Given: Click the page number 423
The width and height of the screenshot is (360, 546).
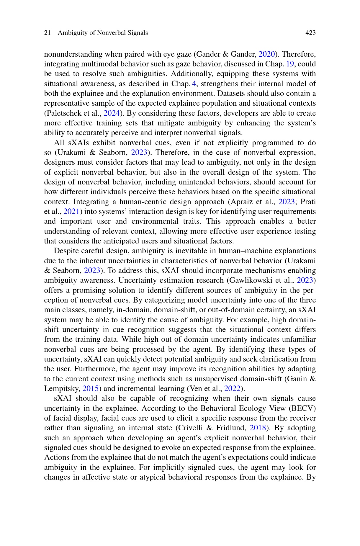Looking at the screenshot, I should click(310, 33).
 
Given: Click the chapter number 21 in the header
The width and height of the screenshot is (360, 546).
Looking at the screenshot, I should click(47, 33).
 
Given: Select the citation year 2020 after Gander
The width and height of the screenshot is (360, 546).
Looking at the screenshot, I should click(267, 54).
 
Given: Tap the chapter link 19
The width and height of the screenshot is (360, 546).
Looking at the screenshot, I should click(290, 64).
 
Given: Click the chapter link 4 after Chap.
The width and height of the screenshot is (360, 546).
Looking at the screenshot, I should click(194, 84).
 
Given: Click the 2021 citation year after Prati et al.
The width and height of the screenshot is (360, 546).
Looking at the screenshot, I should click(71, 212).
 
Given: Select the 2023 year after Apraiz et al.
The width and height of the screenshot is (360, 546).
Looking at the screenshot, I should click(287, 202).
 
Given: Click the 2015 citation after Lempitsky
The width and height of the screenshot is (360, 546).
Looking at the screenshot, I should click(90, 389).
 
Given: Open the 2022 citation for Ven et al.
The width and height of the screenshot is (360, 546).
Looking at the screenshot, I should click(232, 389).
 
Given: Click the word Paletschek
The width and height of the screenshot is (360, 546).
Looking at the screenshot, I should click(62, 113).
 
